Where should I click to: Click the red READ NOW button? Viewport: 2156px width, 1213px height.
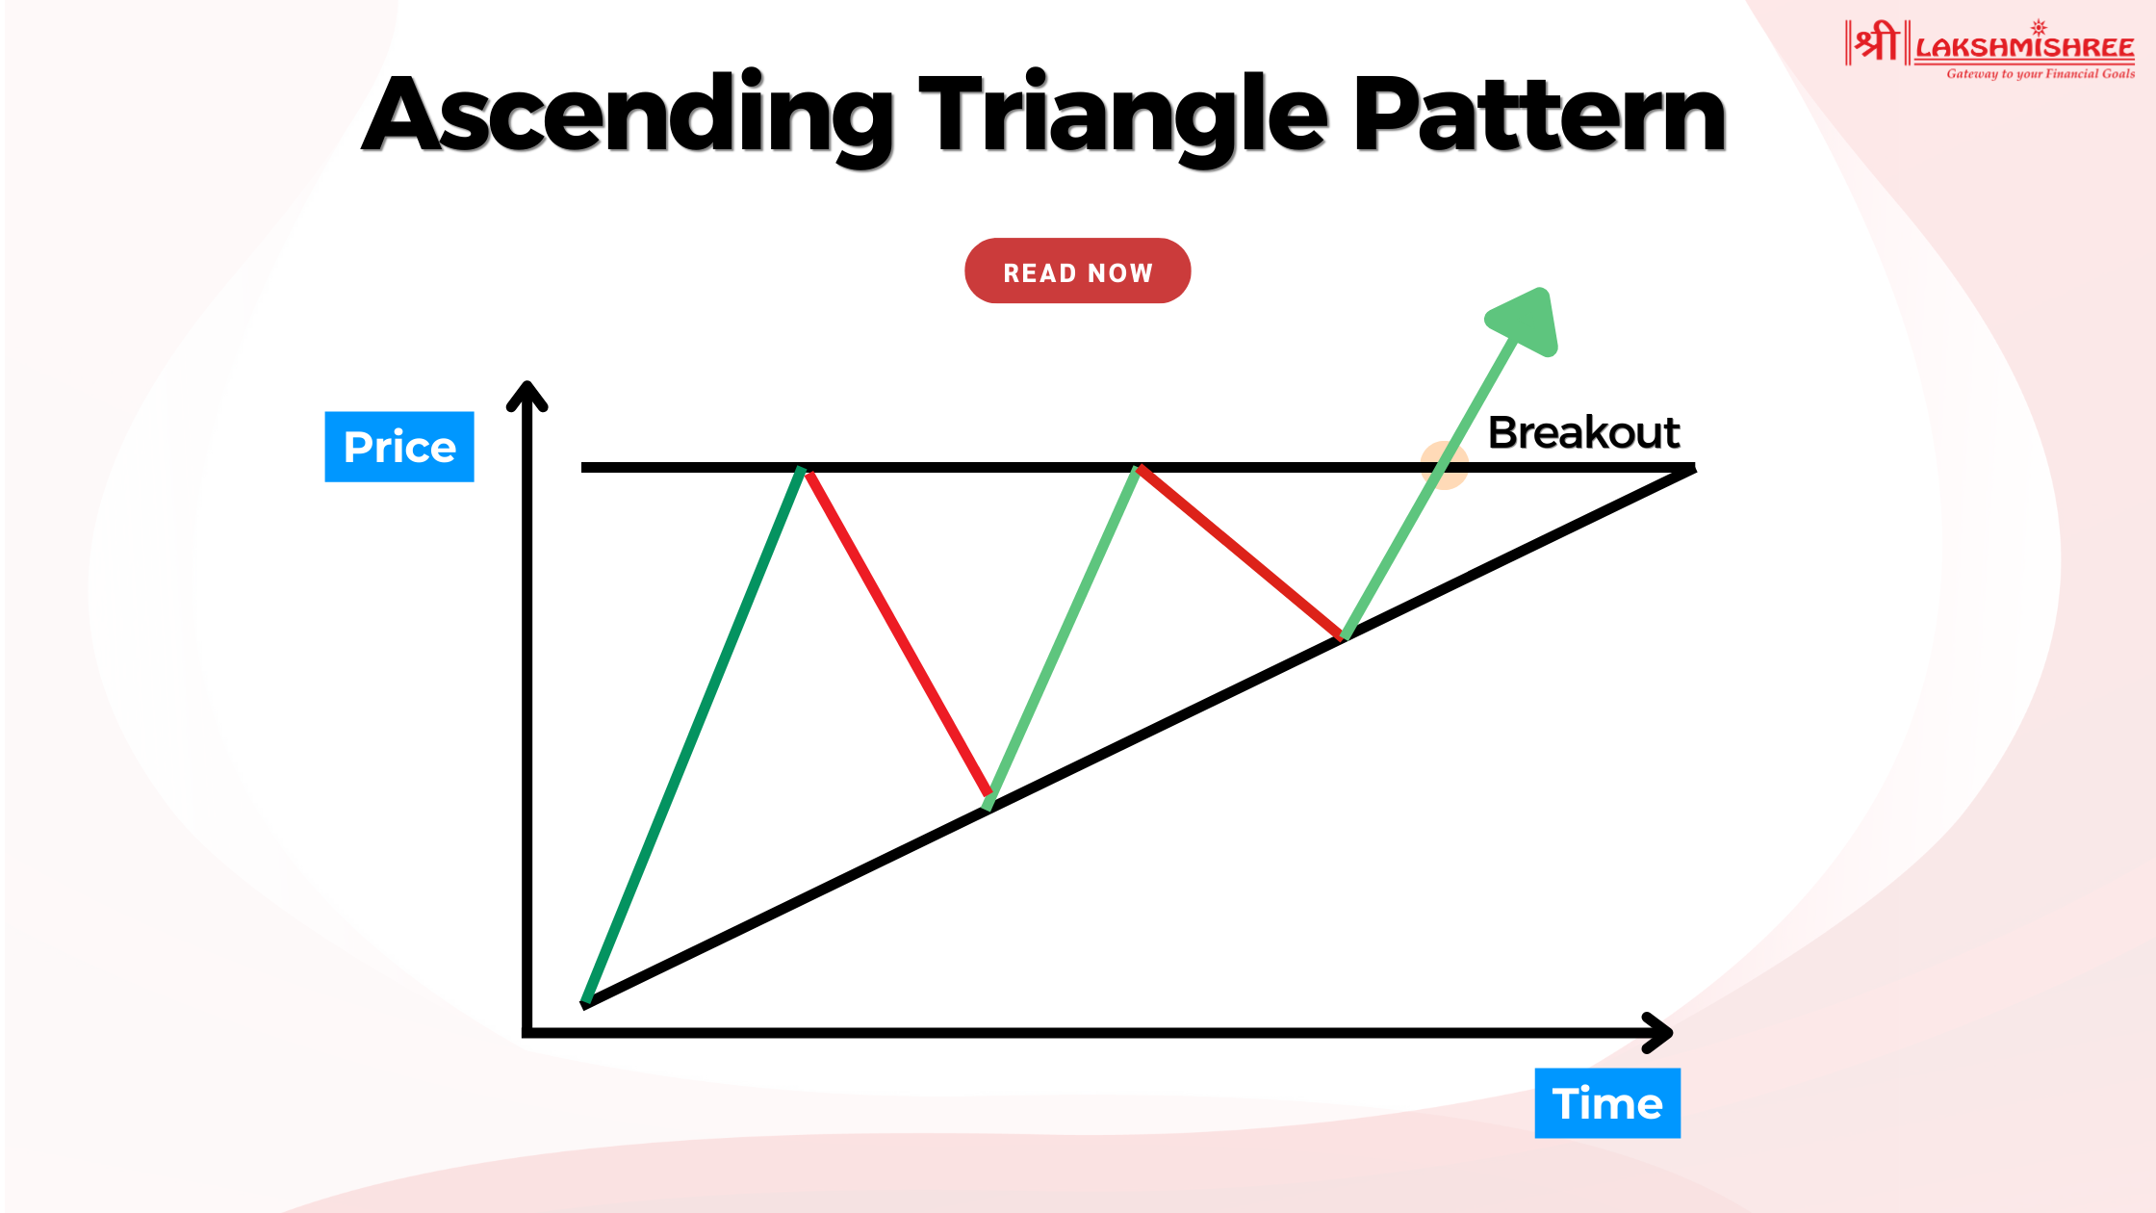point(1077,271)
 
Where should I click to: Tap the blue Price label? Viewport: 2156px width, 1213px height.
point(399,447)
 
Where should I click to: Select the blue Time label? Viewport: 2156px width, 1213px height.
point(1607,1103)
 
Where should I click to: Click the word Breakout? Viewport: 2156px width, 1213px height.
point(1583,432)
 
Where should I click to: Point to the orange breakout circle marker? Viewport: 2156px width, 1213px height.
point(1444,466)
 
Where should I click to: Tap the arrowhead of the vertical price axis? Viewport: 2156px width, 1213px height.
point(527,395)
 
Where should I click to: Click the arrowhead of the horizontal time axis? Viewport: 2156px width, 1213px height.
point(1658,1033)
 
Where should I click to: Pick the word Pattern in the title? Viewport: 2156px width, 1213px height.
point(1540,114)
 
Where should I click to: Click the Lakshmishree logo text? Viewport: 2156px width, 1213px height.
point(2025,47)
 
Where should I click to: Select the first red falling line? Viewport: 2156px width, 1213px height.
point(898,632)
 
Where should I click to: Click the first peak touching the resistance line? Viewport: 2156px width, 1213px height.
point(802,469)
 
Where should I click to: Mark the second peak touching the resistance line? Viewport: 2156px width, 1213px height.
point(1137,469)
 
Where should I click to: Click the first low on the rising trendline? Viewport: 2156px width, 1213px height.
point(988,802)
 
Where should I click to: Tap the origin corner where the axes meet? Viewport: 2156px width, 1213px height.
point(527,1033)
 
